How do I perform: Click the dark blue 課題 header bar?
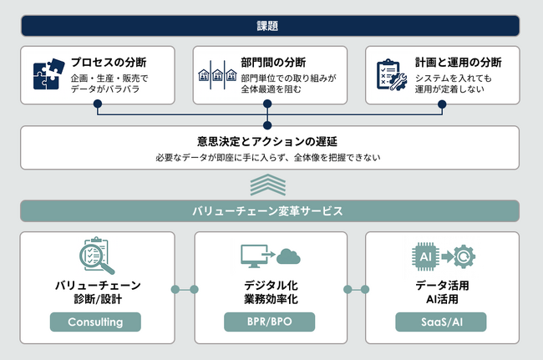click(271, 26)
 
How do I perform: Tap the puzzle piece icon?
click(48, 75)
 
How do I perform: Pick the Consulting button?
click(94, 322)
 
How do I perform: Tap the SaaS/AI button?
click(441, 322)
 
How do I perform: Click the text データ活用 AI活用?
click(441, 292)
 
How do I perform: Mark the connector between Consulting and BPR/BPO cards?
click(185, 290)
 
